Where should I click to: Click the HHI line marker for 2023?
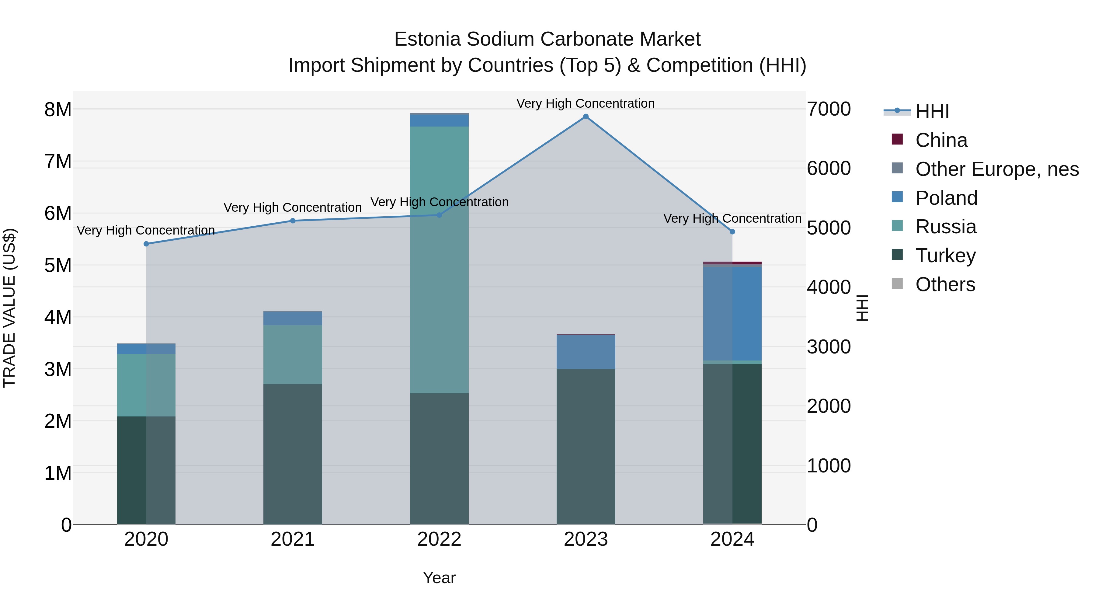click(x=586, y=117)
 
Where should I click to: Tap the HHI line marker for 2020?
click(x=146, y=244)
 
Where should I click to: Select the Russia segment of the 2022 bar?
click(x=439, y=259)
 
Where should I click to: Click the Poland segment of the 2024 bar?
click(x=732, y=314)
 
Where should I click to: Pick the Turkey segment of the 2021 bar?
click(x=292, y=454)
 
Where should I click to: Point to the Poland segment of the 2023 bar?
click(x=586, y=352)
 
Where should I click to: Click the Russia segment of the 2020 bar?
click(x=146, y=385)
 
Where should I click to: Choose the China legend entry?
click(x=941, y=140)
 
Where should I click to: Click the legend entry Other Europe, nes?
click(x=996, y=169)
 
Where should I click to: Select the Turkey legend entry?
click(x=945, y=256)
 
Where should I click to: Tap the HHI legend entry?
click(x=932, y=111)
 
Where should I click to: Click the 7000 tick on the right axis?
click(x=829, y=109)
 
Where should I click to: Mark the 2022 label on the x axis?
click(x=439, y=539)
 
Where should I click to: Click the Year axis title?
click(x=439, y=578)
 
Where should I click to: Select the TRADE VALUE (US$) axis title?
click(x=9, y=308)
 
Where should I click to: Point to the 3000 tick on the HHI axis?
click(x=829, y=347)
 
